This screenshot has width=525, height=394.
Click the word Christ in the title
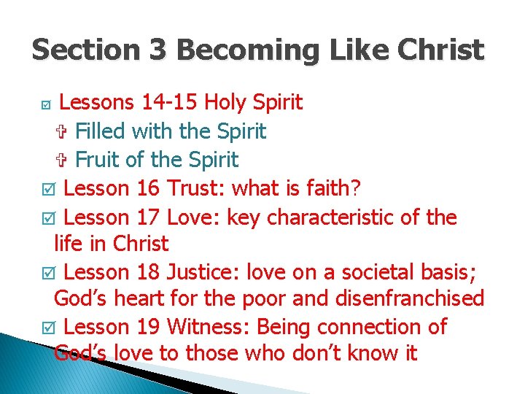(x=442, y=50)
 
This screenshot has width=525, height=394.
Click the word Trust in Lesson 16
(x=196, y=188)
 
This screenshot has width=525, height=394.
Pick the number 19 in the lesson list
(x=149, y=327)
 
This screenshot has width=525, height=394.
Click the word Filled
(x=101, y=132)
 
